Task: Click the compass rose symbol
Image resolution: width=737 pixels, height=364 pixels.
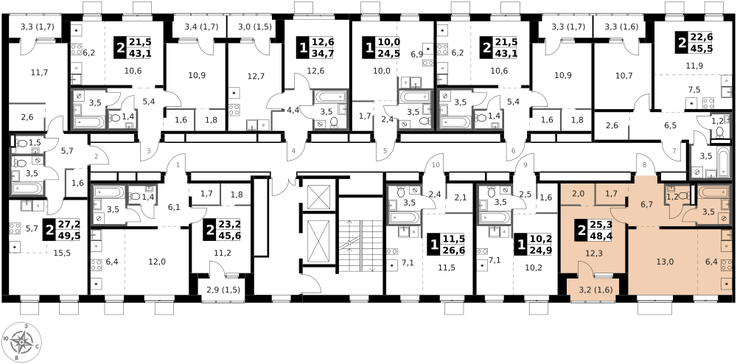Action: pyautogui.click(x=21, y=342)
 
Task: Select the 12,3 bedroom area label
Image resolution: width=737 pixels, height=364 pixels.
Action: pyautogui.click(x=594, y=253)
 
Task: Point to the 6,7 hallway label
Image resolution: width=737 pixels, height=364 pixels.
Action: pyautogui.click(x=646, y=204)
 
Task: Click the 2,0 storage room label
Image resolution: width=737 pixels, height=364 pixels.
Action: pyautogui.click(x=578, y=194)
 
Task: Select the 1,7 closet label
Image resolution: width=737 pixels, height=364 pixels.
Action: pyautogui.click(x=611, y=194)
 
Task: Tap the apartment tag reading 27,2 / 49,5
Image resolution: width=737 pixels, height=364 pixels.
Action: pyautogui.click(x=62, y=230)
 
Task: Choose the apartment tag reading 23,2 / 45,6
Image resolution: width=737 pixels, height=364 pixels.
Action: pyautogui.click(x=222, y=230)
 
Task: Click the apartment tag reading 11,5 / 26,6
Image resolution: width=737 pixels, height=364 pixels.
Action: pyautogui.click(x=446, y=245)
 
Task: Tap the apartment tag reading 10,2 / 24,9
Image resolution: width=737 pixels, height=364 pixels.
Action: pyautogui.click(x=533, y=245)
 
